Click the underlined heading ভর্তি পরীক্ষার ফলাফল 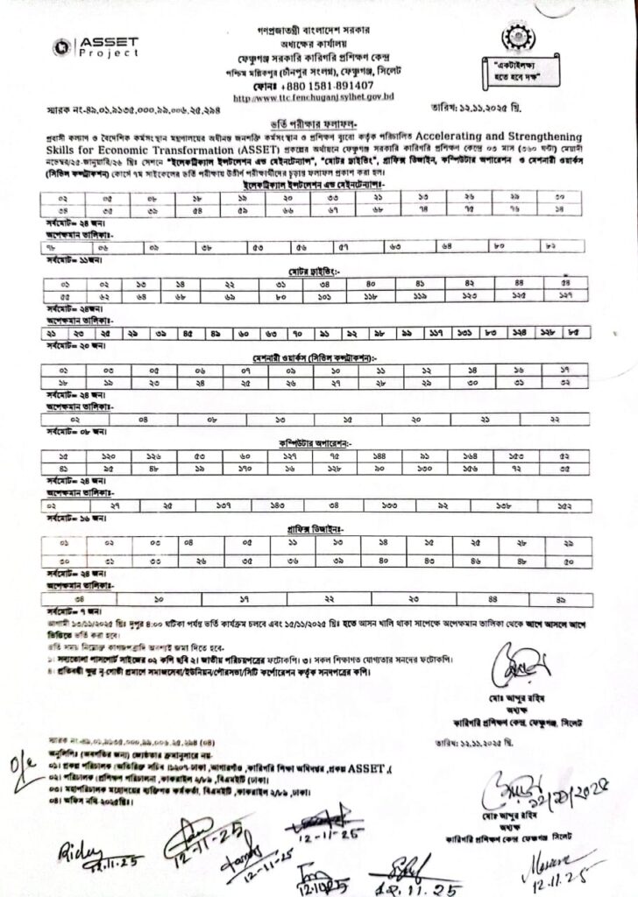point(318,126)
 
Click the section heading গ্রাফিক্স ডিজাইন point(318,530)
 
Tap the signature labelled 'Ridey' point(78,853)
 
